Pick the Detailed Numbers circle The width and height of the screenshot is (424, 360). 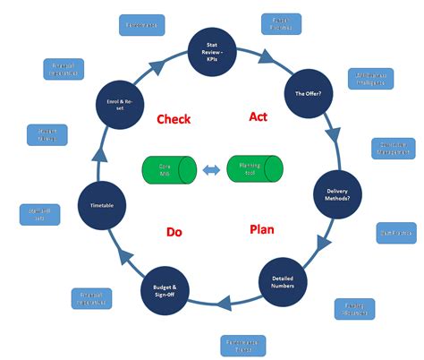283,280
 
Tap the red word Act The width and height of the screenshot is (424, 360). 258,116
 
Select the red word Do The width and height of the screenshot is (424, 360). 174,233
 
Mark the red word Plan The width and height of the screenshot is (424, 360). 260,229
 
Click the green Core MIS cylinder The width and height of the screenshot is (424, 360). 165,170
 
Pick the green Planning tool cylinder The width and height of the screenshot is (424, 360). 255,169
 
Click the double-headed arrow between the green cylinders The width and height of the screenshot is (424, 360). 210,170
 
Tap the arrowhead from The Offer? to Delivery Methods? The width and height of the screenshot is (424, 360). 333,137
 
